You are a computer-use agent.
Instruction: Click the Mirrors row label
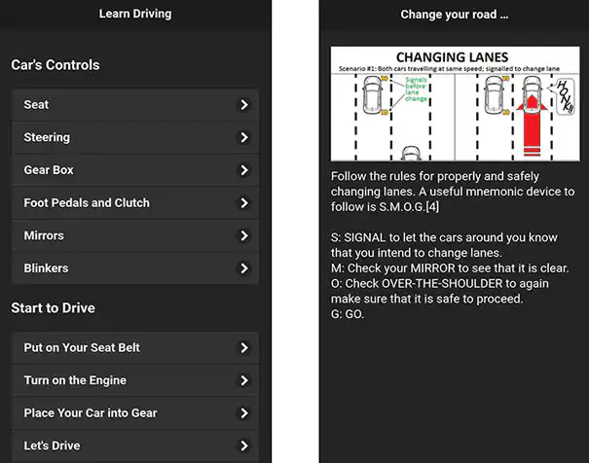(44, 236)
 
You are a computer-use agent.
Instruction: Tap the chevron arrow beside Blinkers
(244, 268)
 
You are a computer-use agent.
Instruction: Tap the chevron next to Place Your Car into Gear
(244, 413)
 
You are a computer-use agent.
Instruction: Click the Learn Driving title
(135, 15)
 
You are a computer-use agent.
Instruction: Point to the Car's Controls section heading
(55, 65)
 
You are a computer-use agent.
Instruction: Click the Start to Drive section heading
(53, 308)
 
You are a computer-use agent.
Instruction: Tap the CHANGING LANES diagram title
(454, 57)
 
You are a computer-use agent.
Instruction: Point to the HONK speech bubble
(563, 98)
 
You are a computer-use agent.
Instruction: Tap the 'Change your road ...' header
(455, 15)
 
